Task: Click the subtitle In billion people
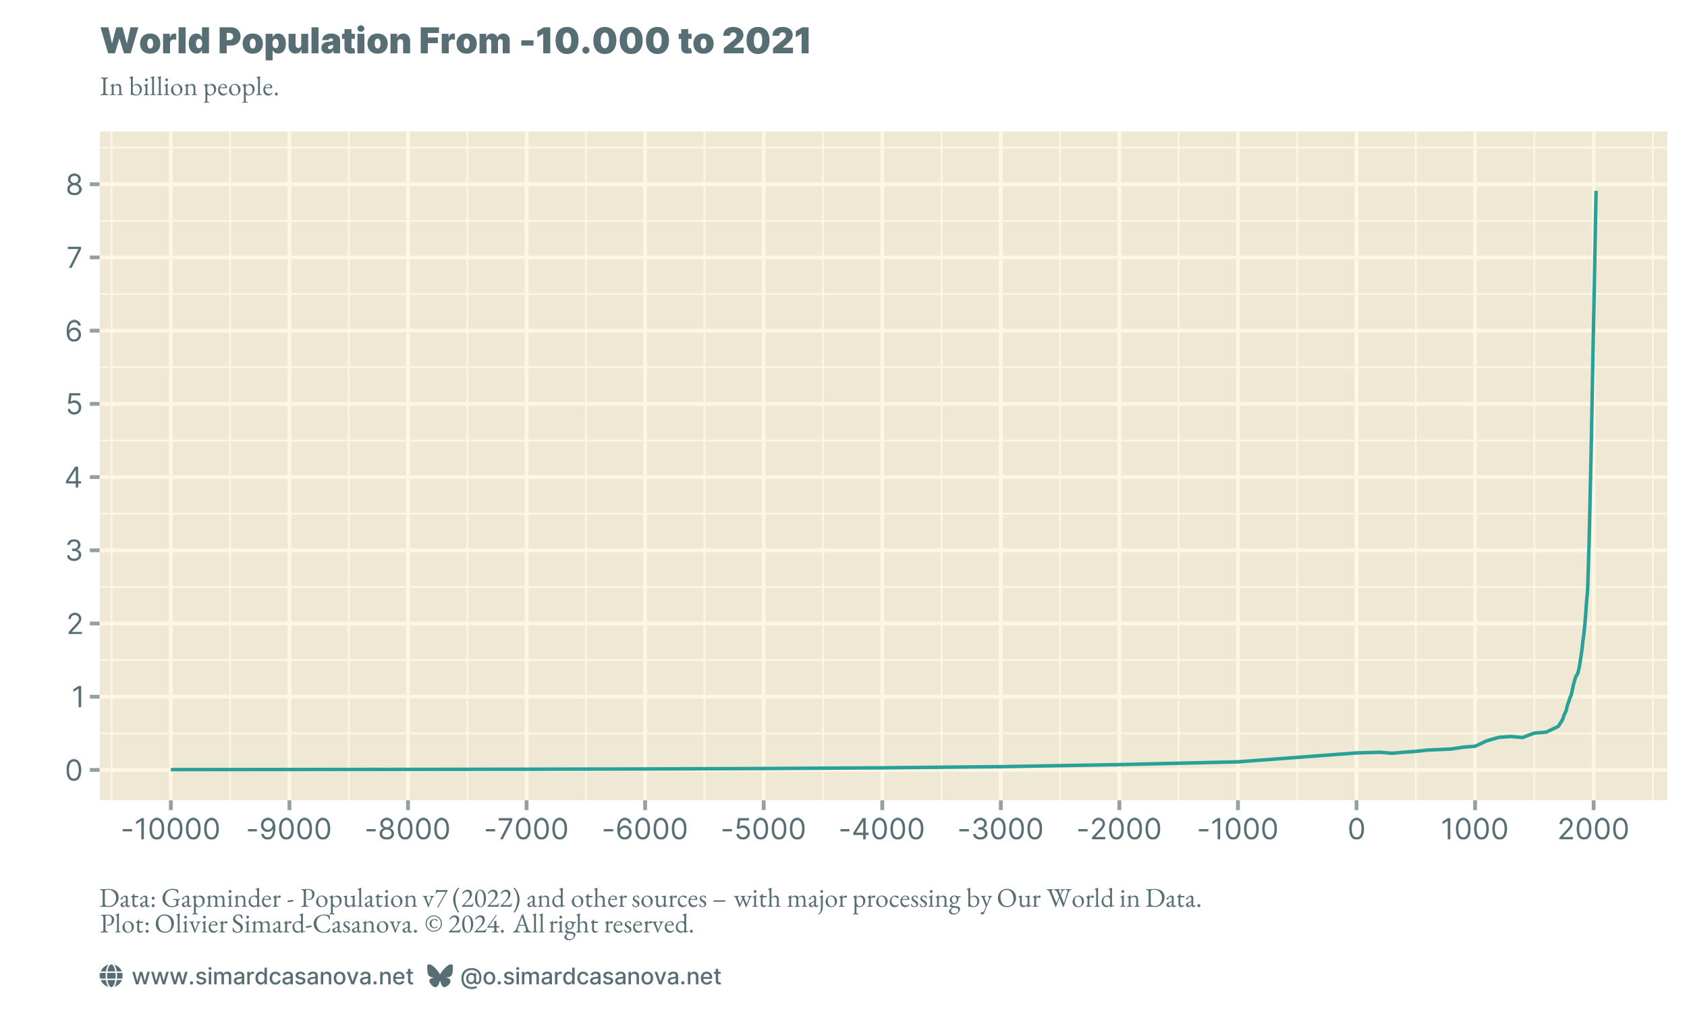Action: coord(189,87)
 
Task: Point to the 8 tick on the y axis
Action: coord(74,185)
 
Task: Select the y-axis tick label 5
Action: coord(74,405)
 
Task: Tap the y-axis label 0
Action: coord(74,771)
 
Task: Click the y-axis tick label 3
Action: coord(74,551)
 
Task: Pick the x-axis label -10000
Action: coord(171,830)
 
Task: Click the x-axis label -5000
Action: coord(763,830)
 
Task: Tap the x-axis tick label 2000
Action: coord(1594,830)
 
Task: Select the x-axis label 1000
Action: coord(1475,830)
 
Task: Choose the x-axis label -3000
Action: coord(1000,830)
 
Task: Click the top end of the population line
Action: coord(1597,193)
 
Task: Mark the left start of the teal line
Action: coord(172,769)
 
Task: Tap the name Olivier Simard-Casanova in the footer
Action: coord(285,925)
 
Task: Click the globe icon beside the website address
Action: coord(111,976)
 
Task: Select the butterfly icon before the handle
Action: coord(440,976)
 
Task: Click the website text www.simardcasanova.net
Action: coord(272,976)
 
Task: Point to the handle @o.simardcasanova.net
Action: coord(590,976)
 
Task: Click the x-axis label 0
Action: coord(1356,830)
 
